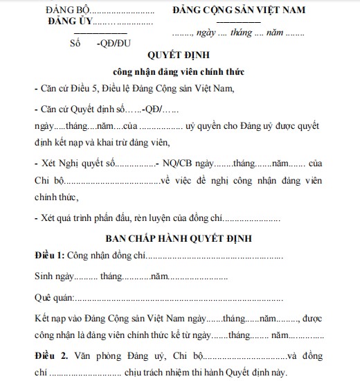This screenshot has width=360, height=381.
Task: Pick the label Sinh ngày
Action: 53,276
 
